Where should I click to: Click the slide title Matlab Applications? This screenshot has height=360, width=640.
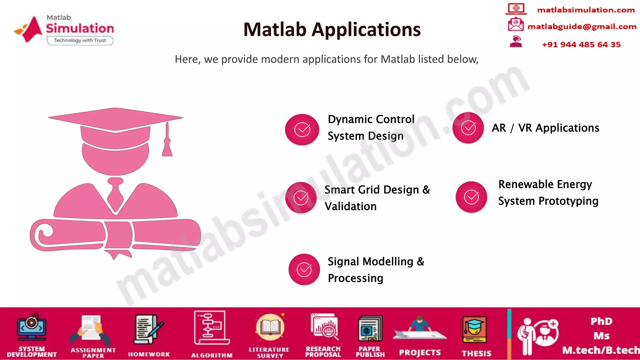pyautogui.click(x=332, y=30)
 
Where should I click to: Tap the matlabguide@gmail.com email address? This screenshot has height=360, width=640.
pyautogui.click(x=582, y=27)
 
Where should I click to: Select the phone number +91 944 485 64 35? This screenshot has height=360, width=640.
pyautogui.click(x=581, y=45)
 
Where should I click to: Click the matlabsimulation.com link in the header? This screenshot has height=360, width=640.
pyautogui.click(x=586, y=10)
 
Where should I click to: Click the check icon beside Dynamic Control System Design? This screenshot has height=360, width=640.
pyautogui.click(x=302, y=130)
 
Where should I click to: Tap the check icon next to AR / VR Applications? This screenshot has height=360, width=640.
pyautogui.click(x=468, y=128)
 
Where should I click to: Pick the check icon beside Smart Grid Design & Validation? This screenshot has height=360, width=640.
pyautogui.click(x=301, y=197)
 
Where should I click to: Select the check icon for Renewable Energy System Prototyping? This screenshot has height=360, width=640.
pyautogui.click(x=471, y=197)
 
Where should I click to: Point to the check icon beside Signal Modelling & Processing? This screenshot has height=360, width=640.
pyautogui.click(x=304, y=269)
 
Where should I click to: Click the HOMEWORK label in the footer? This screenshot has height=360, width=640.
pyautogui.click(x=149, y=354)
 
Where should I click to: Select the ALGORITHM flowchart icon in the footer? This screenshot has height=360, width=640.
pyautogui.click(x=211, y=327)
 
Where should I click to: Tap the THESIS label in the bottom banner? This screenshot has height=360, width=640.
pyautogui.click(x=476, y=353)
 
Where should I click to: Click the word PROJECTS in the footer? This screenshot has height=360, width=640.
pyautogui.click(x=420, y=353)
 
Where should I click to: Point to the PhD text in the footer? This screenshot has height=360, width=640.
pyautogui.click(x=601, y=321)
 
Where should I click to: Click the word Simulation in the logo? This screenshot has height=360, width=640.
pyautogui.click(x=80, y=28)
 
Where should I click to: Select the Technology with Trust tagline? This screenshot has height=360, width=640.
pyautogui.click(x=80, y=40)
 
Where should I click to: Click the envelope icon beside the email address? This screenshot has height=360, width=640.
pyautogui.click(x=516, y=24)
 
